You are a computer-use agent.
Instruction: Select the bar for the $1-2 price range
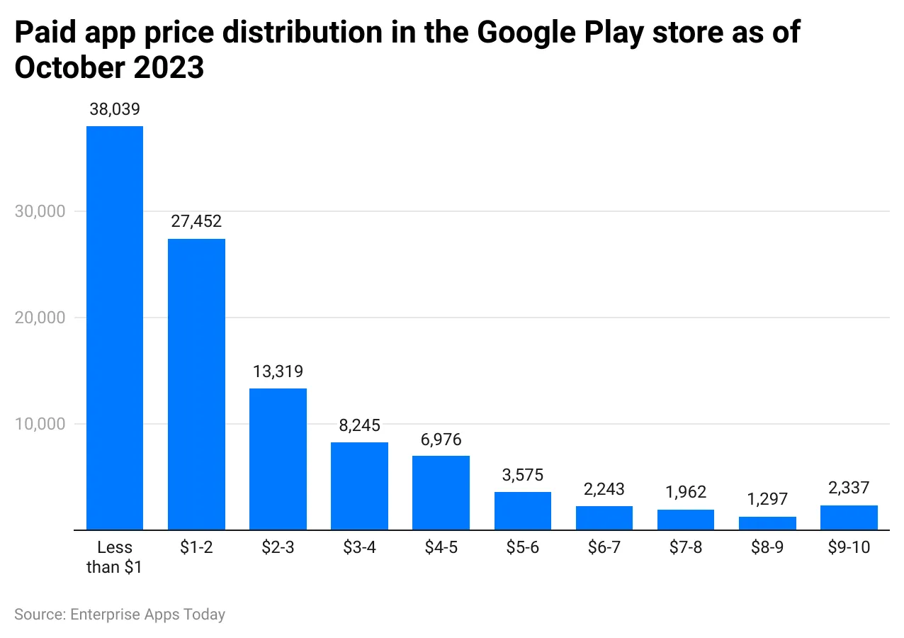point(196,384)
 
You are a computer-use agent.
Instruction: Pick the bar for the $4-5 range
point(441,492)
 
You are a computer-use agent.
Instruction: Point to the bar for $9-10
point(849,517)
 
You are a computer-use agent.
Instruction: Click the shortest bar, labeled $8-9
point(767,523)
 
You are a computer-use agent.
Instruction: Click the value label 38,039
point(115,109)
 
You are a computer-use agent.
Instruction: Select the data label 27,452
point(196,221)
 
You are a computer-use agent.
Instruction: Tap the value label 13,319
point(278,371)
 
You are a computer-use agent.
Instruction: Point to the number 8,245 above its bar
point(359,425)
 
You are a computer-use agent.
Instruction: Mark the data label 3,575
point(523,475)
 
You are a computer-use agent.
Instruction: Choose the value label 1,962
point(686,492)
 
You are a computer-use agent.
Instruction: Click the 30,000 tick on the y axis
point(40,211)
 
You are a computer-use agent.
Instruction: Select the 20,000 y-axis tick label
point(40,318)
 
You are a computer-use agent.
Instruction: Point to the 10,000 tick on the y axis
point(40,424)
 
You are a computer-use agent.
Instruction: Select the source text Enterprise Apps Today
point(147,614)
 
